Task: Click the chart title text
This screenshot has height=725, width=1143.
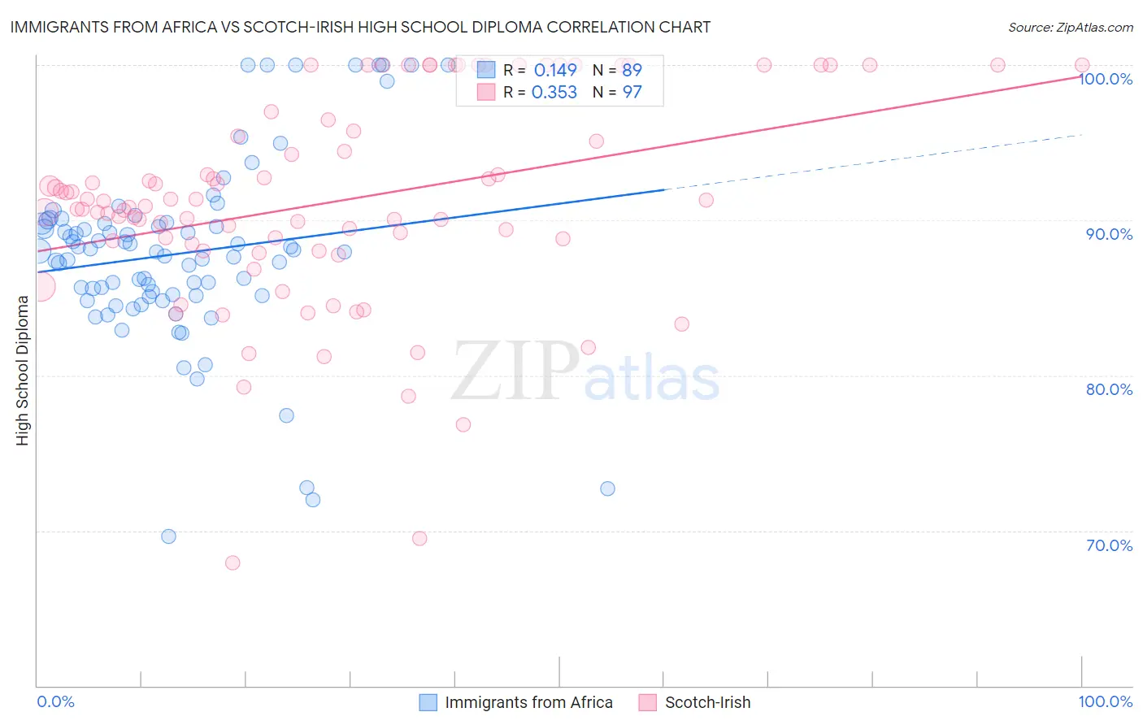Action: click(360, 27)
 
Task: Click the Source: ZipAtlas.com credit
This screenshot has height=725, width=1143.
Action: click(1070, 27)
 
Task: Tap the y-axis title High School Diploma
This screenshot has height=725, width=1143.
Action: click(22, 370)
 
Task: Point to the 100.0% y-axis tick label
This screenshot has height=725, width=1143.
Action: click(1106, 79)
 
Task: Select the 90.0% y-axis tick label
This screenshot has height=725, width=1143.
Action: click(1109, 234)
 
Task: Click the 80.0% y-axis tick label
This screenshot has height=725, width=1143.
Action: click(1109, 389)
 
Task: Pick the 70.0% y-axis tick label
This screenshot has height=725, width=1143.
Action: click(1109, 545)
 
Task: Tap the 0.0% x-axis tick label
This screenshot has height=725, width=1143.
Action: click(55, 701)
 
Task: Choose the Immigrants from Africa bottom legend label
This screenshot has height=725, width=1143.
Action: click(528, 702)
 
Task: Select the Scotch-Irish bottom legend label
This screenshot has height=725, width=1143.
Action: click(707, 702)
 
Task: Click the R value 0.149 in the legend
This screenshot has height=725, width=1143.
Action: click(555, 70)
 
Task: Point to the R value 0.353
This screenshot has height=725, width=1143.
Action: click(554, 93)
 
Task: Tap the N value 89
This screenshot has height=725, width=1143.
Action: click(632, 70)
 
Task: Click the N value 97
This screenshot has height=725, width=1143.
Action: click(632, 93)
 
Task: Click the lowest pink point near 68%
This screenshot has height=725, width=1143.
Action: click(233, 562)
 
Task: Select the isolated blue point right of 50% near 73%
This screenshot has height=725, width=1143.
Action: click(607, 488)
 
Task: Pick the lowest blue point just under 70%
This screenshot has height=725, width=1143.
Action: click(168, 536)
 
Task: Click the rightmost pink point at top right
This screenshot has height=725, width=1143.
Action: click(1082, 65)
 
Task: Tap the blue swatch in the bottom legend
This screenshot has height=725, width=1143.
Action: click(428, 702)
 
